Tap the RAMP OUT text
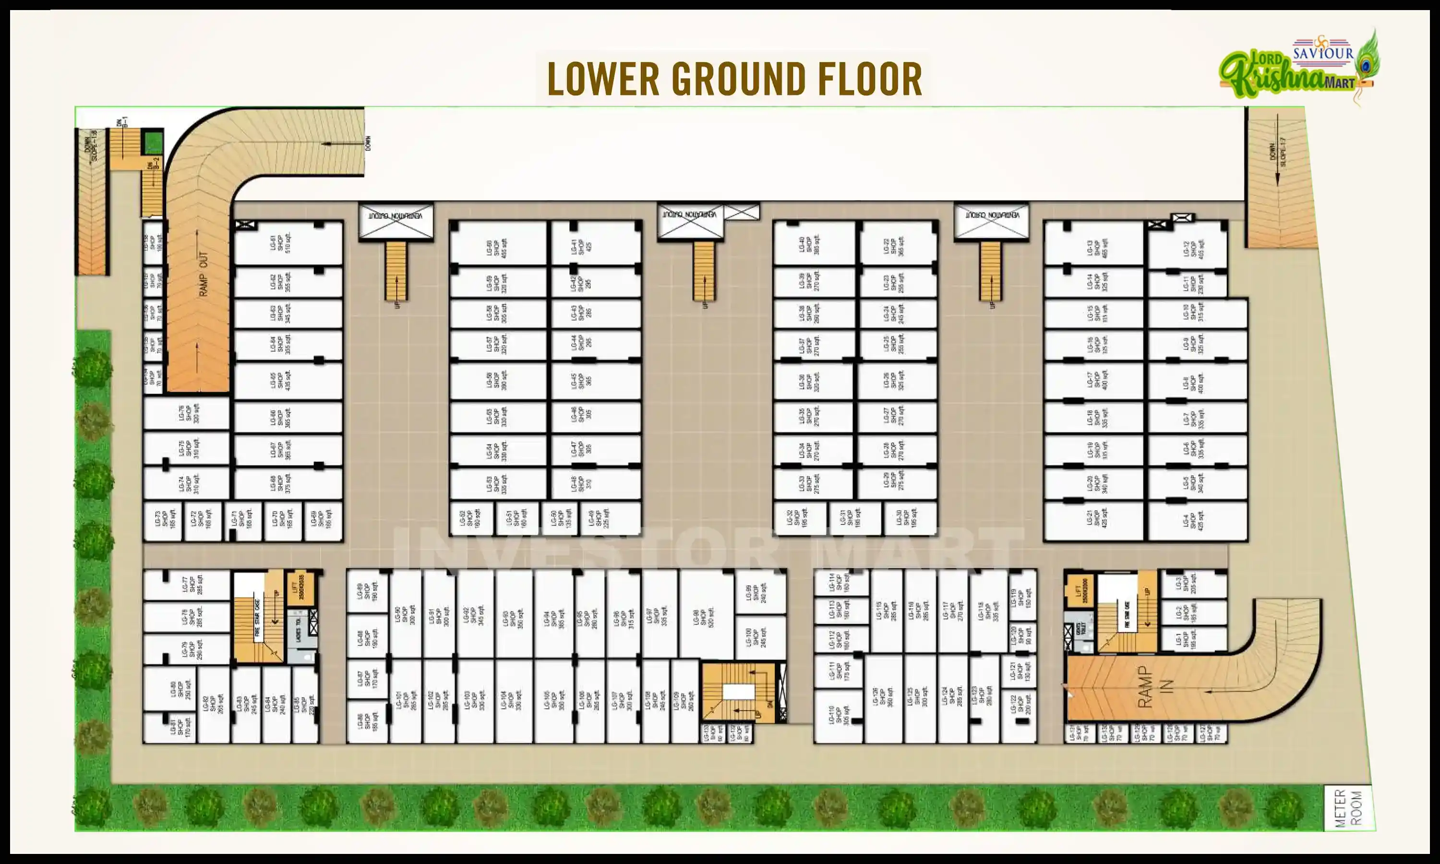203,274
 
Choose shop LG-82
213,705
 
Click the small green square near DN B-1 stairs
153,142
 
